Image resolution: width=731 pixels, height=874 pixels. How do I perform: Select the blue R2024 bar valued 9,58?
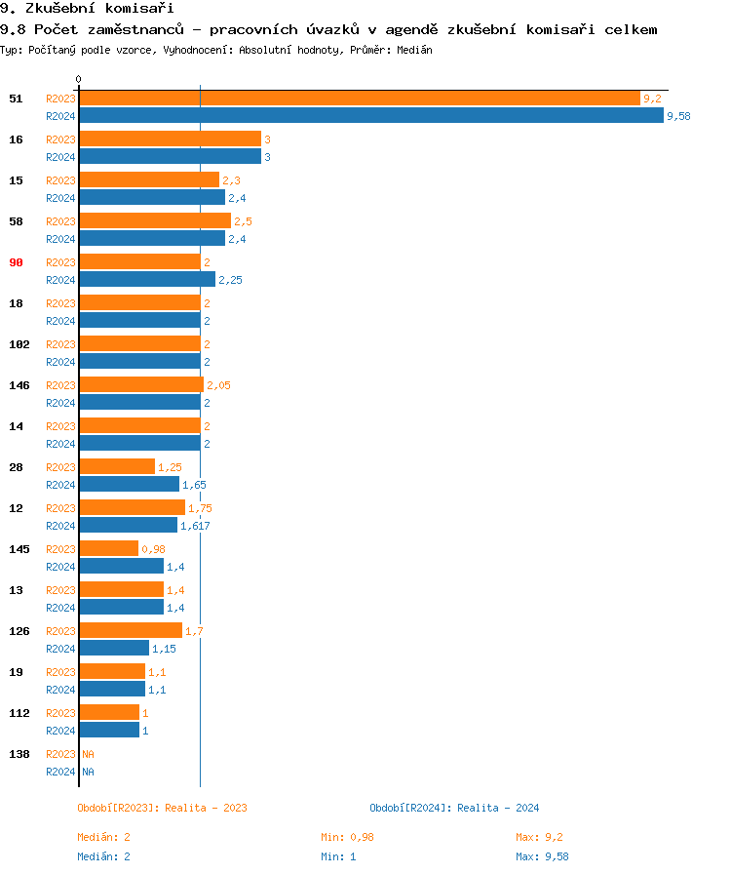[x=370, y=116]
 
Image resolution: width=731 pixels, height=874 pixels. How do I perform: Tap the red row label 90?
[x=16, y=262]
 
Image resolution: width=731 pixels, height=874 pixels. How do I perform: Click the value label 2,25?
[x=230, y=280]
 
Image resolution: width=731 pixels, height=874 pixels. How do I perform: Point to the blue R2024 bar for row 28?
[x=129, y=485]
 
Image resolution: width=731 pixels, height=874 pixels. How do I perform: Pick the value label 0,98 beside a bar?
[x=153, y=549]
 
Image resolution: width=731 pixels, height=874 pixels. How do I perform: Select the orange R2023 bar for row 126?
[x=131, y=631]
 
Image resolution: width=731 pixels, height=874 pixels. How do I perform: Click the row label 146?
[x=19, y=385]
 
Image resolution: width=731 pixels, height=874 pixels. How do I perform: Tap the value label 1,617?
[x=195, y=526]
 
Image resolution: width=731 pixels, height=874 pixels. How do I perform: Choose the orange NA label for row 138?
[x=88, y=754]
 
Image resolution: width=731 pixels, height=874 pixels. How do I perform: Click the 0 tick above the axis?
[x=79, y=79]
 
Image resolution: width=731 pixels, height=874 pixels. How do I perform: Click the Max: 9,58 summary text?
[x=542, y=856]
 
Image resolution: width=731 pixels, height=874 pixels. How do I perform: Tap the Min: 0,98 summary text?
[x=347, y=837]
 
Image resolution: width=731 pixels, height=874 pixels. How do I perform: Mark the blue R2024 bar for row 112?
[x=109, y=731]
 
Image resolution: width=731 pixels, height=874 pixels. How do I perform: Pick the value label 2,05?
[x=218, y=385]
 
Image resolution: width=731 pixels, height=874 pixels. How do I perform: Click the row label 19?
[x=16, y=672]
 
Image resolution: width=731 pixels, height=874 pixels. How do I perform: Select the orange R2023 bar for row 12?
[x=132, y=508]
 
